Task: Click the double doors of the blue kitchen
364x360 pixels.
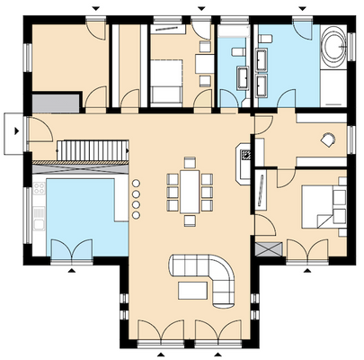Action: (70, 247)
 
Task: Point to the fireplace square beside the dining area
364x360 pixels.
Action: (244, 162)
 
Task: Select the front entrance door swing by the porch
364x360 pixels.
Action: (40, 135)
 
